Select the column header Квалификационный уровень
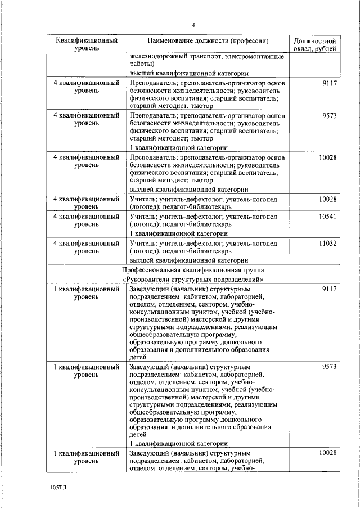(x=86, y=45)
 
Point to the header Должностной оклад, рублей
(x=316, y=45)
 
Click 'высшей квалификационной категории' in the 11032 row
(x=189, y=260)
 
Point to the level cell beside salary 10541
(x=86, y=220)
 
